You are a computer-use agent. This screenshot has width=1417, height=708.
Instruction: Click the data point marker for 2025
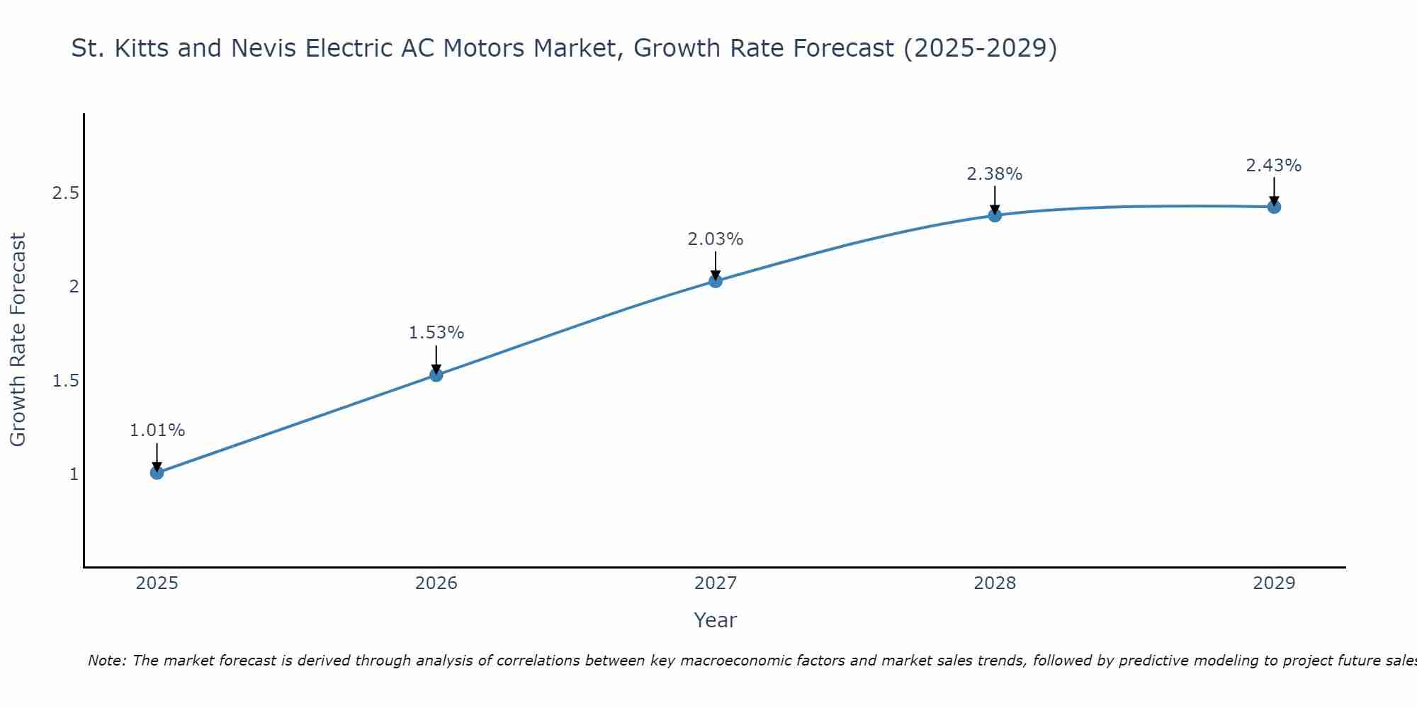(157, 472)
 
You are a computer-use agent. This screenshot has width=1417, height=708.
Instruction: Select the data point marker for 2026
(436, 375)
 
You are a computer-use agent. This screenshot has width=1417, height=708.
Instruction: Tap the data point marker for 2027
(716, 281)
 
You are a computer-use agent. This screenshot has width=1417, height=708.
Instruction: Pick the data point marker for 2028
(995, 215)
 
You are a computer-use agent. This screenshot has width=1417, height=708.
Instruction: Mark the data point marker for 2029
(1274, 207)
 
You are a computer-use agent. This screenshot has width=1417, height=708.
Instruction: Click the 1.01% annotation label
(157, 430)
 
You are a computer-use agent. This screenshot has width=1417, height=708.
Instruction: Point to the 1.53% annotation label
(436, 333)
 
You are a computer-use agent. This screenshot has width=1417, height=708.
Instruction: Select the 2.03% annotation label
(716, 239)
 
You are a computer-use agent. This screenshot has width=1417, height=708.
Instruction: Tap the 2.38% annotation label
(995, 174)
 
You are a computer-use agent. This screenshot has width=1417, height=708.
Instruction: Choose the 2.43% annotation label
(1274, 166)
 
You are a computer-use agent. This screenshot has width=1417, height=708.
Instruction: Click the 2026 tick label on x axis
(436, 583)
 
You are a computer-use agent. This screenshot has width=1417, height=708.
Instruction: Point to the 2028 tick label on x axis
(995, 583)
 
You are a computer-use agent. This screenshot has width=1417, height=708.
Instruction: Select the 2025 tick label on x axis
(157, 583)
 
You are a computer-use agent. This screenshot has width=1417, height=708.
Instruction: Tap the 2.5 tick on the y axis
(65, 193)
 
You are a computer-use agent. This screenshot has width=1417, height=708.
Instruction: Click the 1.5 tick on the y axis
(65, 381)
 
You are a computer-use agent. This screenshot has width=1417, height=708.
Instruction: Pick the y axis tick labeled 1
(74, 474)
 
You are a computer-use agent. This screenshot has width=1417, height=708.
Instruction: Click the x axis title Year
(716, 620)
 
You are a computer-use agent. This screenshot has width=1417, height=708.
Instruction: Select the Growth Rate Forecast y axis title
(18, 340)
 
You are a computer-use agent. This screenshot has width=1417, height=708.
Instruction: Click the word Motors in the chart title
(577, 48)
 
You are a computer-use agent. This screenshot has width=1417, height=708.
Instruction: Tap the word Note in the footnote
(106, 661)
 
